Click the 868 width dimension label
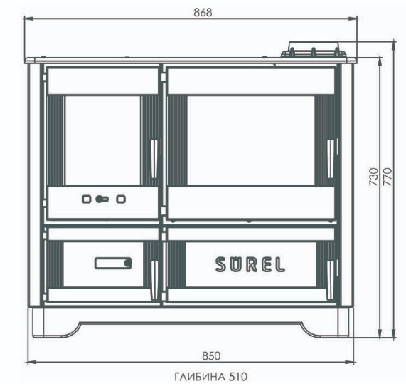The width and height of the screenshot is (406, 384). [x=203, y=12]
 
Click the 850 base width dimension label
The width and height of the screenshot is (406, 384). [x=211, y=356]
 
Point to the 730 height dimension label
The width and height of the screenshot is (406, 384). [x=373, y=177]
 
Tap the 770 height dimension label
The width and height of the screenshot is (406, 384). [x=388, y=177]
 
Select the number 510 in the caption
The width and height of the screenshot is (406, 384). [x=238, y=376]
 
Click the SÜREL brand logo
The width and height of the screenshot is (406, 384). [x=250, y=264]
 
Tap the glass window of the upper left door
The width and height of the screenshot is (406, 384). [x=103, y=140]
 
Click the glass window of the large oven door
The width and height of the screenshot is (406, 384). [x=251, y=140]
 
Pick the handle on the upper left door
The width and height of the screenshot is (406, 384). [x=154, y=159]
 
